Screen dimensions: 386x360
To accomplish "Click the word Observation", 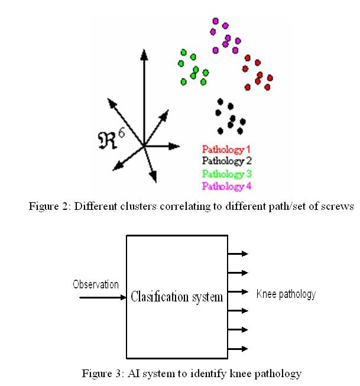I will point(95,284).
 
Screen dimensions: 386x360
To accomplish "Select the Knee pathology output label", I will point(286,294).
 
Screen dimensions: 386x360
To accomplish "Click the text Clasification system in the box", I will point(177,297).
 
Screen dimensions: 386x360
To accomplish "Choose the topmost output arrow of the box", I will point(238,254).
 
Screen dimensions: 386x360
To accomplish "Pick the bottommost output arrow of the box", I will point(238,348).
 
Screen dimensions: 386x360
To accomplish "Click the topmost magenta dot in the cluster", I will point(215,22).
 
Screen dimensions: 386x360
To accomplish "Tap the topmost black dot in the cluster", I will point(220,101).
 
